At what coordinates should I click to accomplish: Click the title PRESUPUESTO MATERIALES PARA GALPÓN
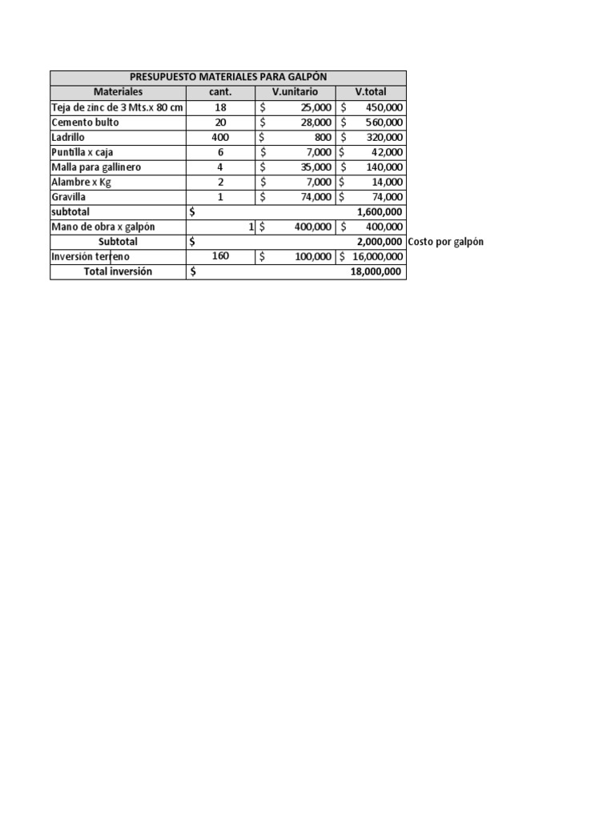click(228, 77)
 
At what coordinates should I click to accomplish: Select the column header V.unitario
click(295, 92)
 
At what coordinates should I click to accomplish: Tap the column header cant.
click(220, 92)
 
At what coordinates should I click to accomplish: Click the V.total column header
click(371, 92)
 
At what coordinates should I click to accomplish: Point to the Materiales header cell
click(118, 92)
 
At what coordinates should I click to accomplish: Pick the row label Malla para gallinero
click(96, 167)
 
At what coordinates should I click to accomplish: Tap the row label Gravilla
click(70, 197)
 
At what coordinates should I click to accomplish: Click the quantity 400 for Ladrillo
click(220, 137)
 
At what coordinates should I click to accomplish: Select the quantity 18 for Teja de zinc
click(220, 107)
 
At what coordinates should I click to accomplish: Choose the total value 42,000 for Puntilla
click(387, 152)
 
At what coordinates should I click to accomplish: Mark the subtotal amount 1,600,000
click(377, 212)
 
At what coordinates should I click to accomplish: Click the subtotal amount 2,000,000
click(377, 242)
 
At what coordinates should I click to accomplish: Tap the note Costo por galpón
click(445, 242)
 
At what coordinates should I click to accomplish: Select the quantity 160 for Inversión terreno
click(220, 257)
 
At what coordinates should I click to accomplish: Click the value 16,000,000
click(377, 257)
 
